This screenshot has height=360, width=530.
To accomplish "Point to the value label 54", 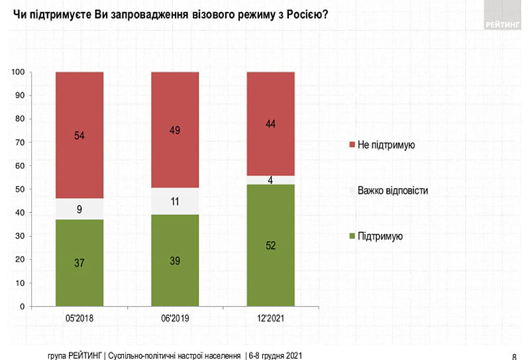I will [79, 136].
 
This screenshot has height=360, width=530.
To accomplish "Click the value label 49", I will [175, 130].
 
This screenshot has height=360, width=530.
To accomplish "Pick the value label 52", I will [270, 245].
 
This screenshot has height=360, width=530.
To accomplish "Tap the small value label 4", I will [270, 179].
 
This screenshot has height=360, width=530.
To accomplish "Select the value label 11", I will [175, 202].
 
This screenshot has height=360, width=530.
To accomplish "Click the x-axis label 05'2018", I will [79, 320].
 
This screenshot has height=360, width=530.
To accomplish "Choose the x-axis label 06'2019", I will [175, 320].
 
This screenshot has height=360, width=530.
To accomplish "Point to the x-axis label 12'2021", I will [270, 320].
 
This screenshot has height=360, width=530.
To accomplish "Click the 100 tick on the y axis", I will [19, 72].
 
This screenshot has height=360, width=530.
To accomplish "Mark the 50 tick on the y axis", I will [21, 190].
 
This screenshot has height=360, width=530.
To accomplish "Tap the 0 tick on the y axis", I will [23, 307].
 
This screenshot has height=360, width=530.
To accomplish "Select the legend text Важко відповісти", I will [392, 190].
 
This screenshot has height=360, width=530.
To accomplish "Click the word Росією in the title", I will [307, 15].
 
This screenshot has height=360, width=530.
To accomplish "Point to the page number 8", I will [515, 354].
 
